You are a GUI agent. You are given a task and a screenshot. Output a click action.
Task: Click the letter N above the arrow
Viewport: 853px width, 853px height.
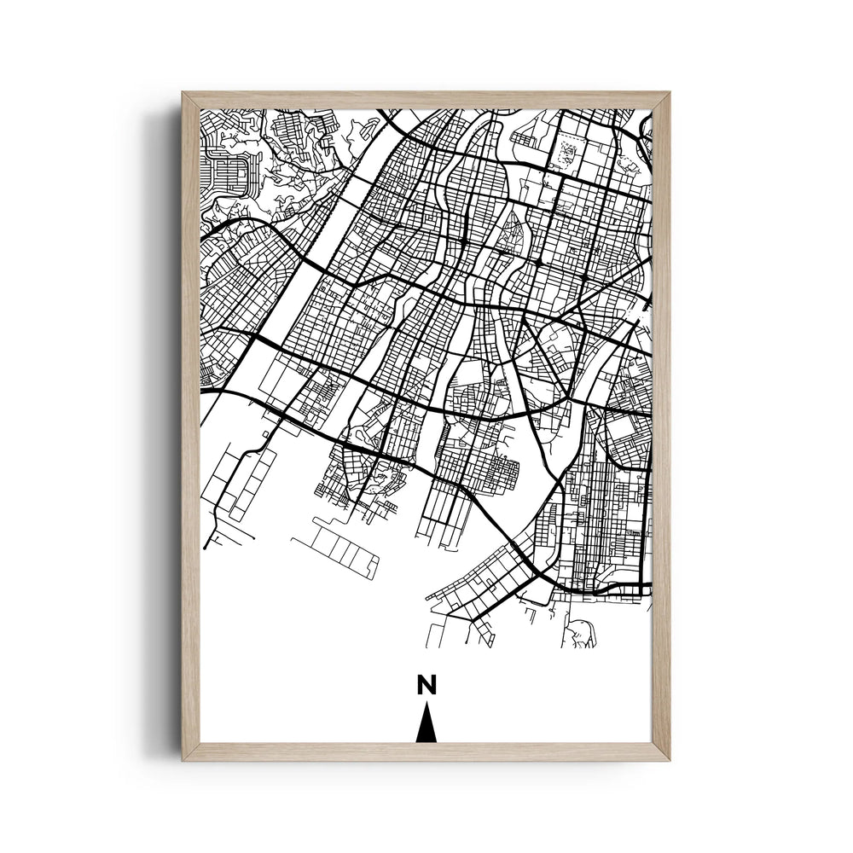click(426, 684)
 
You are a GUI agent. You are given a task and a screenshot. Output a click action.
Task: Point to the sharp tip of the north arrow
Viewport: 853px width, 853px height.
click(426, 705)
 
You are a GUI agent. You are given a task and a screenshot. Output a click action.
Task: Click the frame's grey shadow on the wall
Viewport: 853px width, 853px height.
click(166, 426)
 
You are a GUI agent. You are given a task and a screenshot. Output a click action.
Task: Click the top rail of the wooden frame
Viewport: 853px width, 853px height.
click(426, 100)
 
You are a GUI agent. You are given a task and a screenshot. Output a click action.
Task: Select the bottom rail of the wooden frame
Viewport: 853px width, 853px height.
click(426, 751)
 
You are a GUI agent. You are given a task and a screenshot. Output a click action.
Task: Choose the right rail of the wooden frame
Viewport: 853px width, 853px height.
click(661, 426)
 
